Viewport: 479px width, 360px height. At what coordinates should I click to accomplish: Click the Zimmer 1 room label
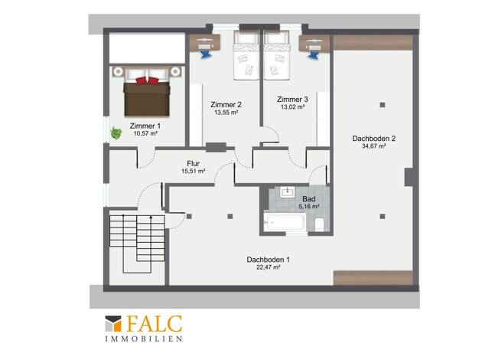click(x=145, y=126)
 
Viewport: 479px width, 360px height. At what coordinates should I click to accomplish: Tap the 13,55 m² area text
click(x=226, y=113)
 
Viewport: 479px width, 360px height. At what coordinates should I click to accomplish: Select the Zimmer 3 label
click(x=292, y=99)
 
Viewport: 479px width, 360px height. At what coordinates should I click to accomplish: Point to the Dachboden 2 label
click(x=373, y=138)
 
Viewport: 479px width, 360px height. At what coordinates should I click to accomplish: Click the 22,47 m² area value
click(x=269, y=267)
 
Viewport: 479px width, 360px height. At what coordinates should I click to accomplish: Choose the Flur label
click(x=193, y=164)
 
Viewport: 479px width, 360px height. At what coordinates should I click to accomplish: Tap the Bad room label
click(x=309, y=199)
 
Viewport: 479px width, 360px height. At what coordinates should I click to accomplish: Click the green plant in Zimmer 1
click(x=116, y=133)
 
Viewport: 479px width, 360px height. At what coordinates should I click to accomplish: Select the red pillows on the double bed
click(x=147, y=80)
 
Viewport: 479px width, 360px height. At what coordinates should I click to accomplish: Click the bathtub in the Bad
click(x=285, y=221)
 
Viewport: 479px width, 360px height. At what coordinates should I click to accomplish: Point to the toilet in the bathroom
click(x=319, y=224)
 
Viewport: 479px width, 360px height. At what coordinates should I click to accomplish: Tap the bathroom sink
click(x=288, y=192)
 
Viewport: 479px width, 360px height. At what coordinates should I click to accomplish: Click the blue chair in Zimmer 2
click(x=204, y=54)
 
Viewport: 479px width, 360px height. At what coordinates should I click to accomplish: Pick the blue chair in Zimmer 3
click(x=313, y=55)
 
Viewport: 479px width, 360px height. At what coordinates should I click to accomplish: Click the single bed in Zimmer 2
click(x=246, y=55)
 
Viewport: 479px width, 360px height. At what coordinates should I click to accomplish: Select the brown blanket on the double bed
click(x=147, y=99)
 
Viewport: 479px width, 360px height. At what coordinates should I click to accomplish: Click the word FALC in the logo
click(x=155, y=323)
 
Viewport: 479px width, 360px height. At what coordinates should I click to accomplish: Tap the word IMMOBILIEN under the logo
click(x=144, y=339)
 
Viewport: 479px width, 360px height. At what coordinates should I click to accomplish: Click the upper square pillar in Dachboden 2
click(x=382, y=105)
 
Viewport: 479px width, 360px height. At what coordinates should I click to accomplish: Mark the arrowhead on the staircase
click(x=151, y=218)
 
